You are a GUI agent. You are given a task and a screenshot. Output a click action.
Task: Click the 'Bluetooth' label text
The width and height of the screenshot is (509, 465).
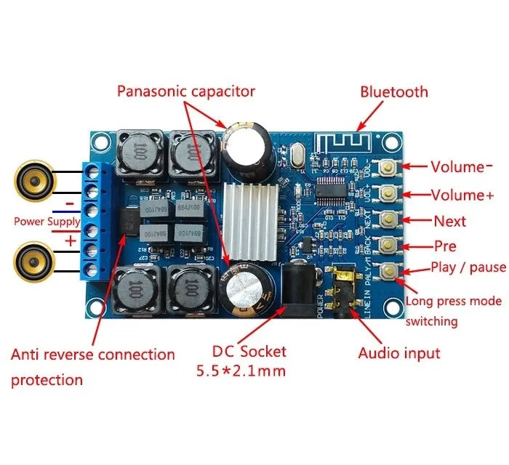click(x=394, y=92)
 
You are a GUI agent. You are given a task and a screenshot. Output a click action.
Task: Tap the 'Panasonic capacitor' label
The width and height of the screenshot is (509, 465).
click(x=186, y=91)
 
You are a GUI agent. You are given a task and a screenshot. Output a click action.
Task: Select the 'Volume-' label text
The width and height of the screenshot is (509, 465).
click(x=461, y=166)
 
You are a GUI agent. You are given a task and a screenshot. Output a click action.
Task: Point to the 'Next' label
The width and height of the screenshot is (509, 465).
click(x=449, y=221)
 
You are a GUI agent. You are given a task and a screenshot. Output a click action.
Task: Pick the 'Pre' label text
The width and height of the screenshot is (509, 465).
click(x=445, y=246)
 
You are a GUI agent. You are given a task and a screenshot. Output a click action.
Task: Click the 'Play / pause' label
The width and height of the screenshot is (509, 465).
click(x=468, y=267)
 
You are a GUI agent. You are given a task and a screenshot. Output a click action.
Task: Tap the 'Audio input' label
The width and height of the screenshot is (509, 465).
click(x=399, y=353)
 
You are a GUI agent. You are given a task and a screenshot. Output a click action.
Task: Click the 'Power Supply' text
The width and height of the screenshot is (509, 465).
click(x=47, y=221)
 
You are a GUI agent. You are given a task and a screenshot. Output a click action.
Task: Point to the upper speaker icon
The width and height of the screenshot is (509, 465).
click(x=33, y=179)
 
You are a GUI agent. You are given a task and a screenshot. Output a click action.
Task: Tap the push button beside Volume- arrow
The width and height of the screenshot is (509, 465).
click(x=391, y=166)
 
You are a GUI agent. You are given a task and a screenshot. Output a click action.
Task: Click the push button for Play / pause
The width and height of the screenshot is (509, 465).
click(x=391, y=271)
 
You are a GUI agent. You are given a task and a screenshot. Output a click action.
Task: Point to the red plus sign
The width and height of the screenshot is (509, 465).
click(x=70, y=240)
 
